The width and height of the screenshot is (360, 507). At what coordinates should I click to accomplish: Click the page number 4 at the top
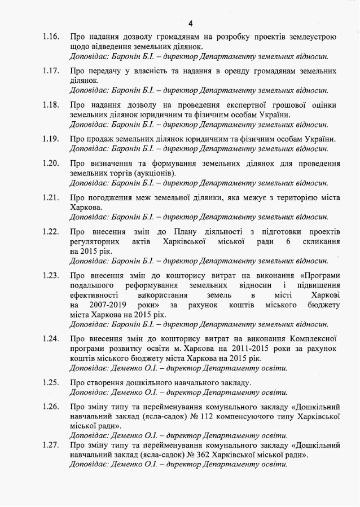[191, 23]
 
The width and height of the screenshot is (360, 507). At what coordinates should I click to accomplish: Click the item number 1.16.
[51, 37]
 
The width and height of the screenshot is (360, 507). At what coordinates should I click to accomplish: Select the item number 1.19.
[51, 139]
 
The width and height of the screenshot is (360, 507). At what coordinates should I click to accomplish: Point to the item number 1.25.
[51, 383]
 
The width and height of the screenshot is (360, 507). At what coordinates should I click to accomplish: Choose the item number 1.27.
[51, 445]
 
